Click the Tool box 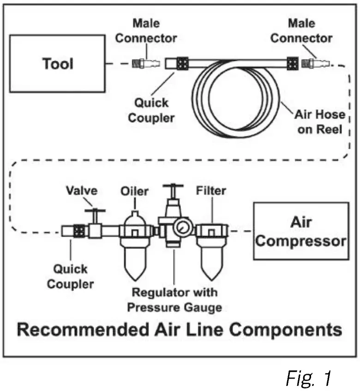pos(58,63)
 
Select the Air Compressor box pos(300,231)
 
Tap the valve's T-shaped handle pos(95,212)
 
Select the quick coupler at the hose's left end pos(176,63)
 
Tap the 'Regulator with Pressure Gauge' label pos(174,300)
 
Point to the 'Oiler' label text pos(134,190)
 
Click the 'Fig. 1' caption pos(308,378)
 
